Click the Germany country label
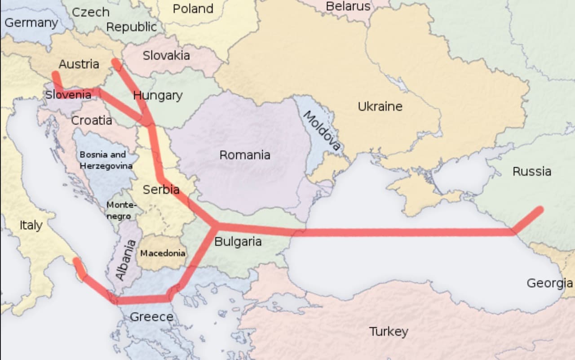[31, 23]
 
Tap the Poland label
[193, 9]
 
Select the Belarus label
[348, 6]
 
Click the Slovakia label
[166, 56]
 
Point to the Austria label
[79, 64]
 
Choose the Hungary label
[158, 96]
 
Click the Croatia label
[92, 120]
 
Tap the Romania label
[245, 155]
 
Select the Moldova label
[322, 130]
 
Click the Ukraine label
[380, 107]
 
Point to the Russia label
[532, 171]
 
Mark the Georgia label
[549, 283]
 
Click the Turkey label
[389, 332]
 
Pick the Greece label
[151, 317]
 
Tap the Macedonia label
[163, 253]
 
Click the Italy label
[31, 225]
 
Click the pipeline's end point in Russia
[540, 209]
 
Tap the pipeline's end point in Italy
[77, 261]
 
